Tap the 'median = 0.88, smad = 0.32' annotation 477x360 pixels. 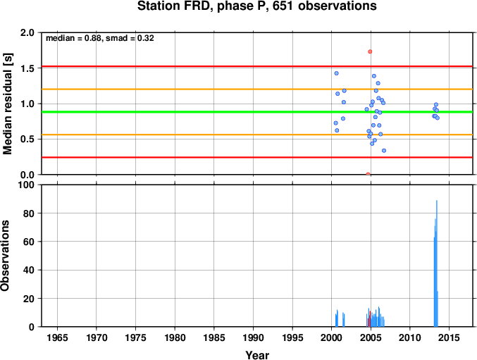click(x=100, y=38)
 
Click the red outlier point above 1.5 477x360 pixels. click(x=370, y=51)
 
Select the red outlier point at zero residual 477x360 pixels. click(x=368, y=174)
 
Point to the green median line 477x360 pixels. click(x=257, y=112)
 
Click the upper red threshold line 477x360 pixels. click(x=257, y=66)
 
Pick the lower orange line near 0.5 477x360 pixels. click(x=257, y=135)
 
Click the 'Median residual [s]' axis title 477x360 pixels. click(x=7, y=104)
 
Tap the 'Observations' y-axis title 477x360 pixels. click(x=5, y=256)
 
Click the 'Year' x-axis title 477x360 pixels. click(x=257, y=355)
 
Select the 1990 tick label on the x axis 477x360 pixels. click(x=253, y=337)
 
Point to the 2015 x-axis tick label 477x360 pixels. click(x=449, y=337)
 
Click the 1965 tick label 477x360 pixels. click(x=57, y=337)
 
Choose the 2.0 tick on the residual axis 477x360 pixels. click(x=27, y=32)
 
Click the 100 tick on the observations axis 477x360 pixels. click(x=26, y=185)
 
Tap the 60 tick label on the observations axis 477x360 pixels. click(x=29, y=242)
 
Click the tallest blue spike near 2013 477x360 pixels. click(x=437, y=263)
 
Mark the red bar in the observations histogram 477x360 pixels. click(x=370, y=319)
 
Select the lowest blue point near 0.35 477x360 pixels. click(x=384, y=151)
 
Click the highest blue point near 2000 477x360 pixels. click(x=337, y=73)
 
